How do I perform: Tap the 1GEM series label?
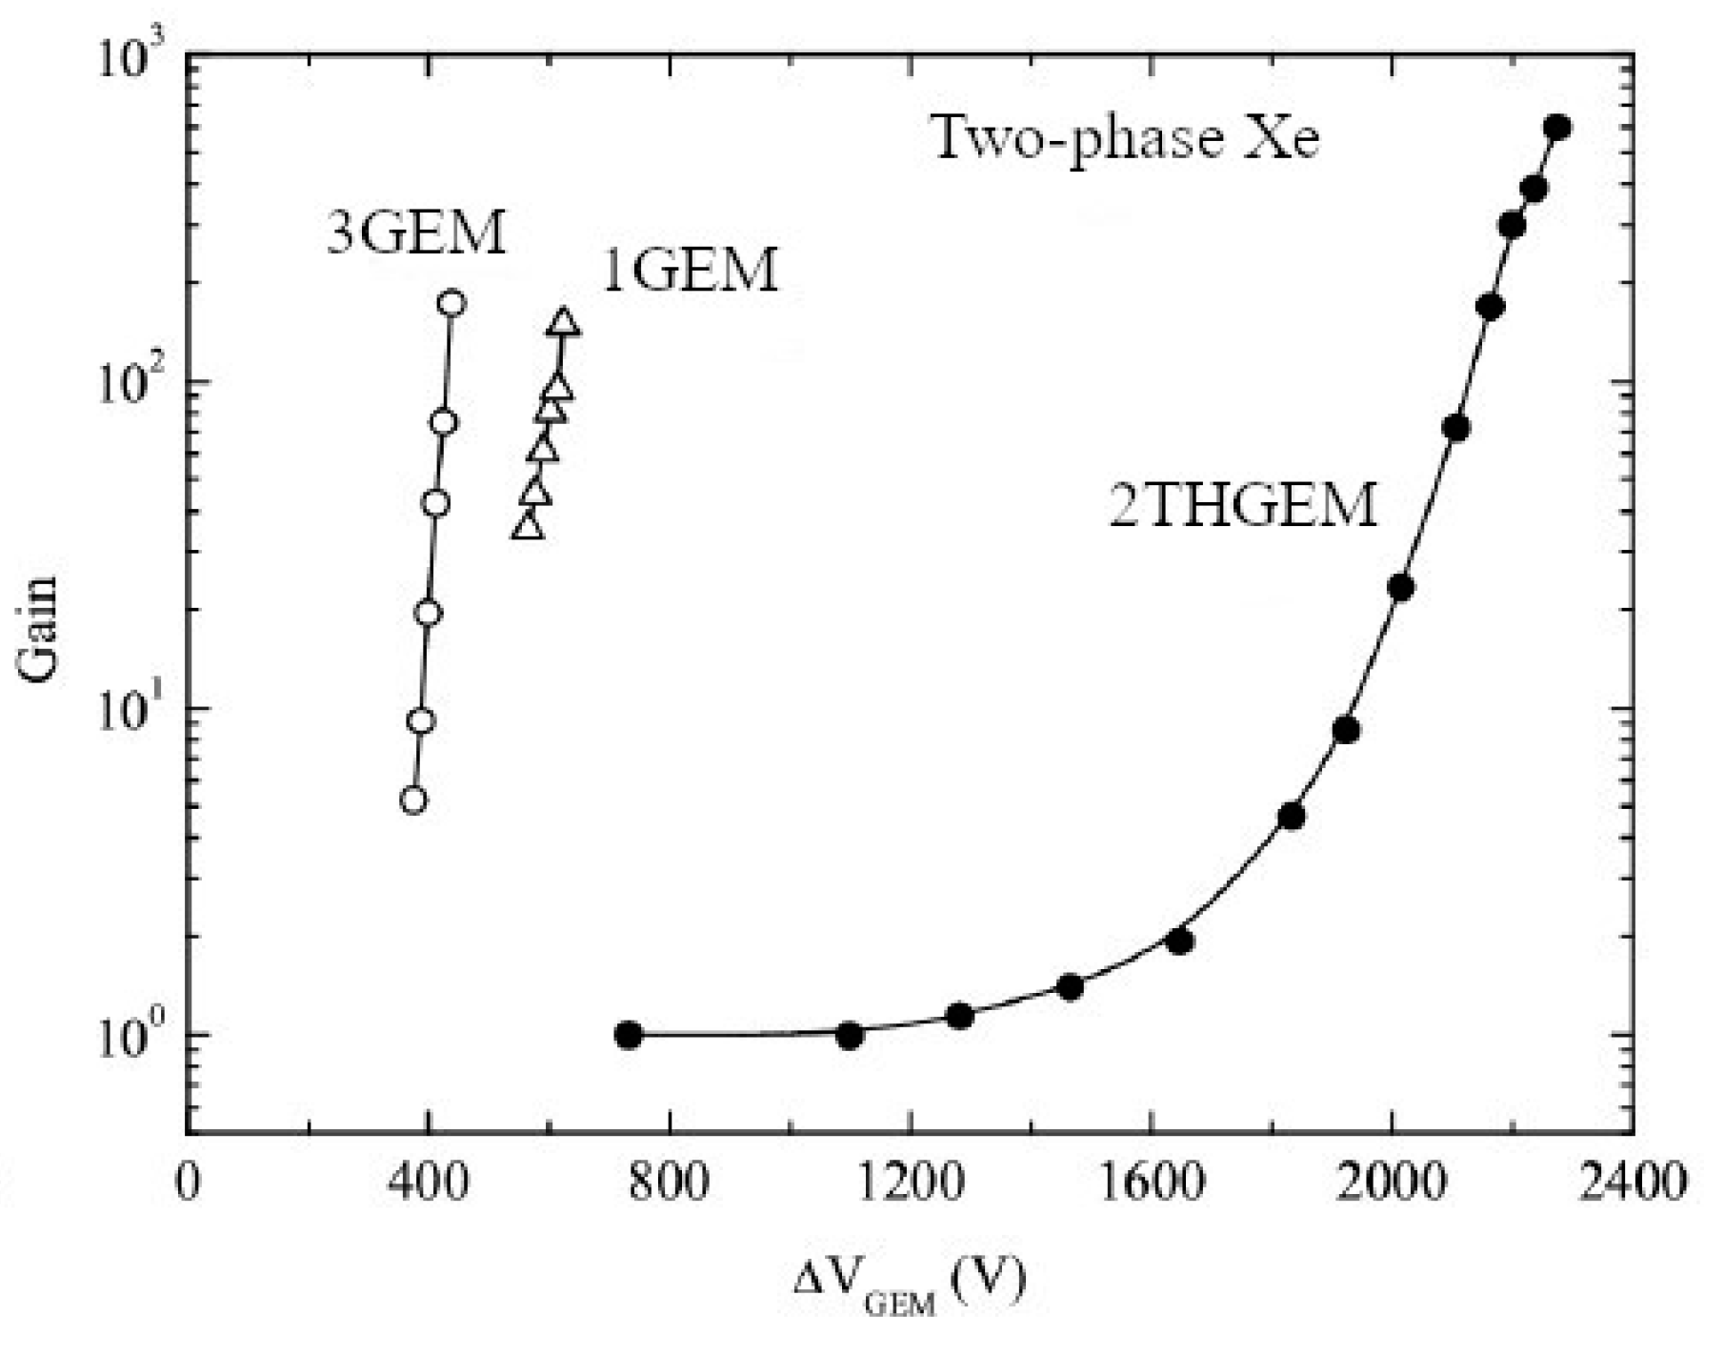[x=691, y=270]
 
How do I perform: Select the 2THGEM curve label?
[x=1244, y=505]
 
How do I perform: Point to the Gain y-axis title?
[x=38, y=629]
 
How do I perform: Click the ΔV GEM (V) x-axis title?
[x=910, y=1285]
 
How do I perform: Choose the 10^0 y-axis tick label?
[x=138, y=1037]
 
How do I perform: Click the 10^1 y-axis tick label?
[x=138, y=711]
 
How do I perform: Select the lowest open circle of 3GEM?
[x=412, y=800]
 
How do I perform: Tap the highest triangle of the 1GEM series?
[x=563, y=323]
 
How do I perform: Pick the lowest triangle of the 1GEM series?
[x=527, y=526]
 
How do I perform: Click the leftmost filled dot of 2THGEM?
[x=628, y=1035]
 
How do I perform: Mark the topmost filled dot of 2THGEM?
[x=1557, y=128]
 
